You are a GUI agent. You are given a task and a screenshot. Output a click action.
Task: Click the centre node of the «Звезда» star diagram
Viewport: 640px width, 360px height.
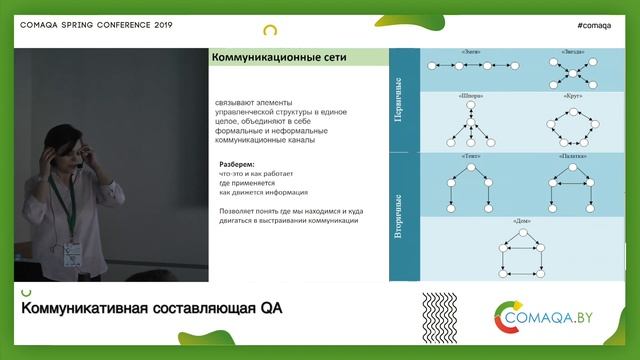click(567, 73)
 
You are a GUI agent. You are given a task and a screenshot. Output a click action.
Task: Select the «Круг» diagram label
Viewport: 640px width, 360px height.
click(567, 97)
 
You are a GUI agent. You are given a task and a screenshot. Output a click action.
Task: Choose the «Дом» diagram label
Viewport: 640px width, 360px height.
click(520, 219)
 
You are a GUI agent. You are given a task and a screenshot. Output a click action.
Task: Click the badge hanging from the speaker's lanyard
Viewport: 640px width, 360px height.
click(72, 252)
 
